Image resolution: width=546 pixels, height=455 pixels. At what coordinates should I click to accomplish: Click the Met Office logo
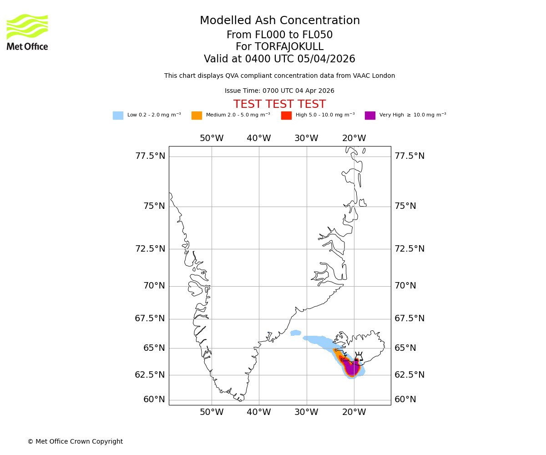point(27,32)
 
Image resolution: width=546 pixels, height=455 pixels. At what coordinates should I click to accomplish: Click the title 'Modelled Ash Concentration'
point(280,21)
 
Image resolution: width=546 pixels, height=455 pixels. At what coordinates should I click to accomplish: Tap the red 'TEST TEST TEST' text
point(279,105)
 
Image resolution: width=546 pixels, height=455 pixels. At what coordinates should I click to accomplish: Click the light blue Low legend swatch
point(118,116)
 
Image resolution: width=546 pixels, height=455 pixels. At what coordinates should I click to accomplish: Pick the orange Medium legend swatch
point(197,116)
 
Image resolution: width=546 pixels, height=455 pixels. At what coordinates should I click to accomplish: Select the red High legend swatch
point(286,116)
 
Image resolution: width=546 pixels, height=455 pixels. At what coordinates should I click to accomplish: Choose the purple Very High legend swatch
point(370,116)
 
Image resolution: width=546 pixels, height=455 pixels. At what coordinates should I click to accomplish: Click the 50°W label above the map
point(212,138)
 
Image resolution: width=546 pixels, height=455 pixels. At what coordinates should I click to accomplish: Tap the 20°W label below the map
point(354,412)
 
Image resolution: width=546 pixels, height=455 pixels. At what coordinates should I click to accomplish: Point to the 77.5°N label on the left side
point(150,156)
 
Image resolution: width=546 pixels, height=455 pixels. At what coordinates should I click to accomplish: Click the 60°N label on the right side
point(405,399)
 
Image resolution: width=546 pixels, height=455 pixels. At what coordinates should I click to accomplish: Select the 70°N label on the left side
point(154,286)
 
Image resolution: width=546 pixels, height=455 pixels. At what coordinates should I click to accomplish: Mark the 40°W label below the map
point(259,412)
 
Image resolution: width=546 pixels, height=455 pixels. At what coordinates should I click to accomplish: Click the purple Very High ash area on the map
point(351,368)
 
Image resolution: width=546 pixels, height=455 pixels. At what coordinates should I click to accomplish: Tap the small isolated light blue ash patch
point(296,333)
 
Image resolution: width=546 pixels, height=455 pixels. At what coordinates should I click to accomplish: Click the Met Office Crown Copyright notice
point(75,441)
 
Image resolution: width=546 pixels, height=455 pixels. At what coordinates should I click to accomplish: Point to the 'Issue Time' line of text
point(279,91)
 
